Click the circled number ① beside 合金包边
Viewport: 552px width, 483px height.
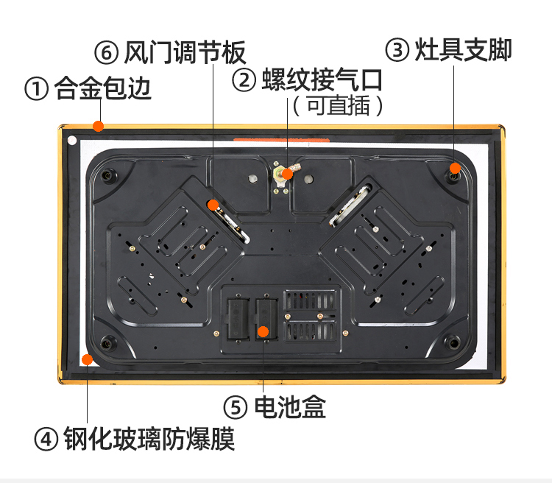pyautogui.click(x=36, y=88)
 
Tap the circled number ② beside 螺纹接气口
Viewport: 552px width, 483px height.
pyautogui.click(x=244, y=80)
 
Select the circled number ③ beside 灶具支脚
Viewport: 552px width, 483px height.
pyautogui.click(x=397, y=49)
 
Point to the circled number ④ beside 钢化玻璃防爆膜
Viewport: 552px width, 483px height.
pyautogui.click(x=46, y=439)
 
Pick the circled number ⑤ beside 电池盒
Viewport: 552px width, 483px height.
pyautogui.click(x=236, y=407)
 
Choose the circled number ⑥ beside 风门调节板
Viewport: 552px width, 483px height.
pyautogui.click(x=106, y=53)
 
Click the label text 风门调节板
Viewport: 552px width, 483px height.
pyautogui.click(x=185, y=53)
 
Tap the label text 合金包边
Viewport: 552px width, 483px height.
pyautogui.click(x=103, y=88)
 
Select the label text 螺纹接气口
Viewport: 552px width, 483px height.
pyautogui.click(x=322, y=80)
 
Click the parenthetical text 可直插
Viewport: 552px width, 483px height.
pyautogui.click(x=339, y=106)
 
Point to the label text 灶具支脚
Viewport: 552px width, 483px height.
pyautogui.click(x=463, y=49)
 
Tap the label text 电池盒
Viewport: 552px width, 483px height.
pyautogui.click(x=290, y=407)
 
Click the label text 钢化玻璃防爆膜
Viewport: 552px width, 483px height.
pyautogui.click(x=149, y=439)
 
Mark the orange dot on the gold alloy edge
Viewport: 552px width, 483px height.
pyautogui.click(x=98, y=126)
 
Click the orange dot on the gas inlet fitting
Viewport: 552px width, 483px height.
pyautogui.click(x=287, y=174)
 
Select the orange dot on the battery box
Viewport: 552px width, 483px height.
pyautogui.click(x=263, y=331)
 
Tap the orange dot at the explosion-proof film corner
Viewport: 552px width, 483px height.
pyautogui.click(x=87, y=360)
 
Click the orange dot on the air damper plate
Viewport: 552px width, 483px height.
pyautogui.click(x=213, y=205)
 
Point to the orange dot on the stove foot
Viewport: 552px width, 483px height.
pyautogui.click(x=455, y=168)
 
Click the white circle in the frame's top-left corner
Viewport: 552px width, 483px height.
pyautogui.click(x=72, y=141)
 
